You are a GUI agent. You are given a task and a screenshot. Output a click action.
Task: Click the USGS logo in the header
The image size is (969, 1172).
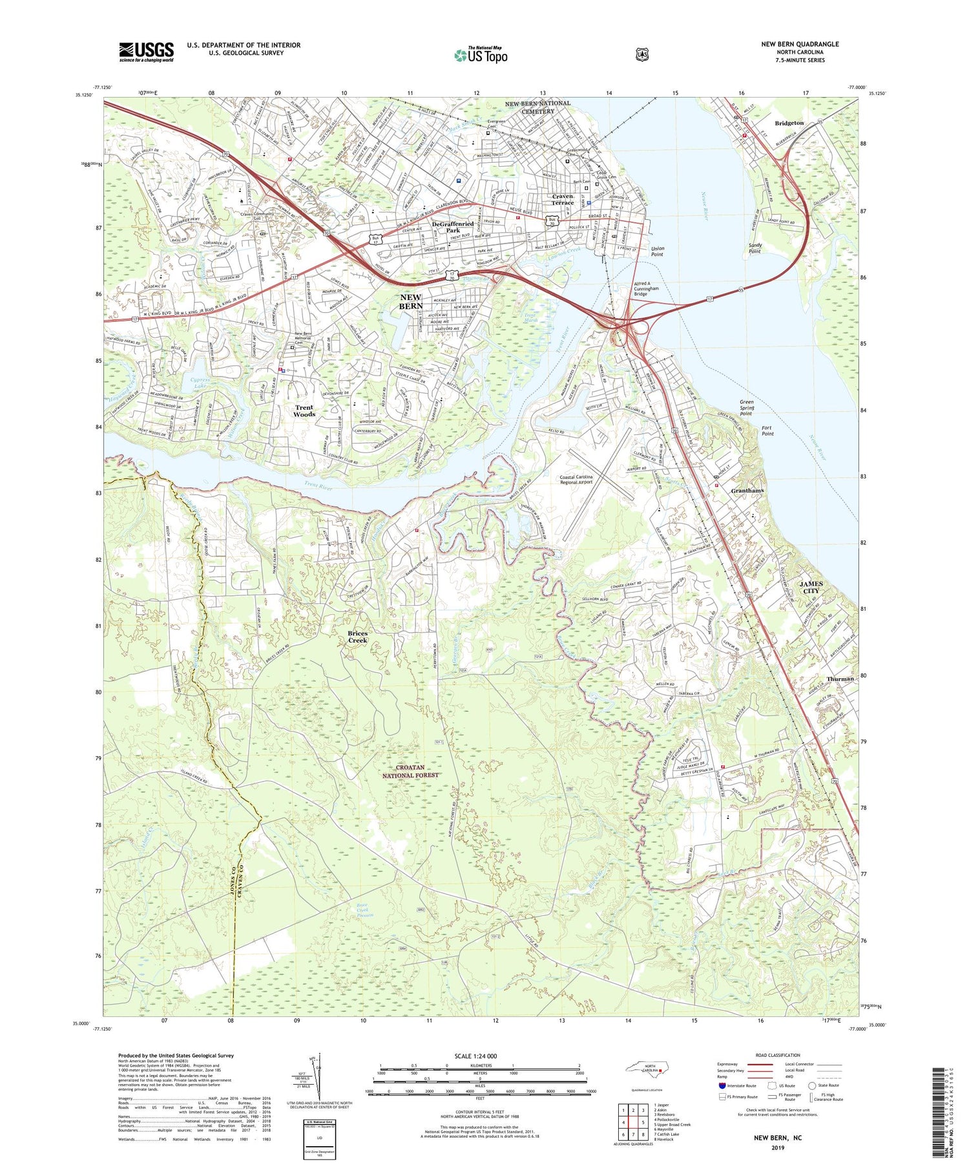pyautogui.click(x=146, y=52)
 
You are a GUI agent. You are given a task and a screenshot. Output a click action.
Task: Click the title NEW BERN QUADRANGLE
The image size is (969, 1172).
pyautogui.click(x=800, y=44)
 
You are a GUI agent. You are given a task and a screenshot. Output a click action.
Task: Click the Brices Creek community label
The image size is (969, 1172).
pyautogui.click(x=357, y=637)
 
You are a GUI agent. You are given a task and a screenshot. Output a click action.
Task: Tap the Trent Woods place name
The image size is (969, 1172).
pyautogui.click(x=304, y=410)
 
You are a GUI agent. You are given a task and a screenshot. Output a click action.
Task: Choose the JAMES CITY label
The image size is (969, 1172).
pyautogui.click(x=811, y=587)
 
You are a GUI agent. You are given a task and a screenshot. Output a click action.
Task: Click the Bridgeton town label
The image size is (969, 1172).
pyautogui.click(x=789, y=123)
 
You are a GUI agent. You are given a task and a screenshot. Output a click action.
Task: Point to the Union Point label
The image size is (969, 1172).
pyautogui.click(x=658, y=251)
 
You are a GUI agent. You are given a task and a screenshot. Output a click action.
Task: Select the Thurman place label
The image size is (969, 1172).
pyautogui.click(x=840, y=679)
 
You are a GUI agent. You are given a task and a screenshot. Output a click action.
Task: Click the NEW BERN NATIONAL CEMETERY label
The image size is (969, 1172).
pyautogui.click(x=537, y=107)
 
